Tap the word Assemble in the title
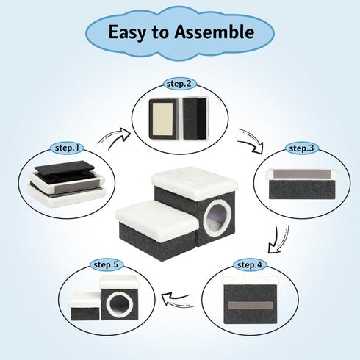tap(215, 32)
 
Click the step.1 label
tap(67, 148)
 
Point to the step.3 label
tap(302, 148)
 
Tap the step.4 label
tap(250, 264)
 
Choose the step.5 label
tap(106, 264)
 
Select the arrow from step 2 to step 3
tap(252, 141)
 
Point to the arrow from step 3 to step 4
tap(278, 240)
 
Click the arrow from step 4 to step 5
tap(178, 299)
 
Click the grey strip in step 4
tap(251, 306)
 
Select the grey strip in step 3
tap(303, 173)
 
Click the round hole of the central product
tap(217, 217)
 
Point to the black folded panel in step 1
tap(65, 168)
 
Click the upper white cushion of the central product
tap(195, 182)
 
